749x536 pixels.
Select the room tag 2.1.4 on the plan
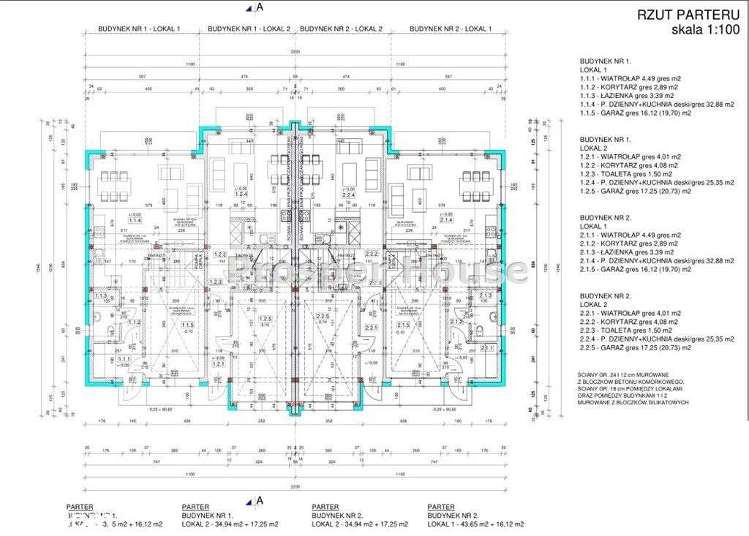[x=446, y=219]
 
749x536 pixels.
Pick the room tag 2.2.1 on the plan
[x=371, y=328]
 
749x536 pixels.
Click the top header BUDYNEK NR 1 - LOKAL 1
[x=139, y=29]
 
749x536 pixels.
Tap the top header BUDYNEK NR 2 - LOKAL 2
[x=341, y=29]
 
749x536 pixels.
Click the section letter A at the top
[x=258, y=8]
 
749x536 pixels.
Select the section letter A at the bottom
[x=258, y=501]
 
